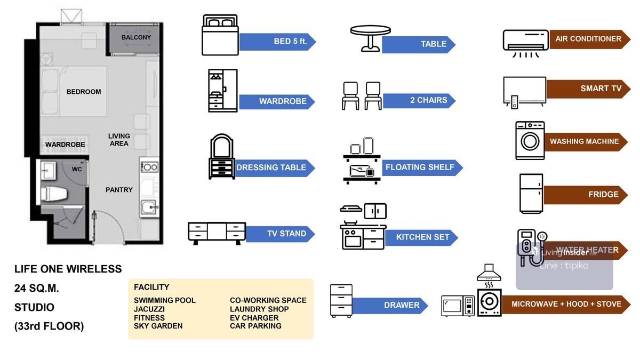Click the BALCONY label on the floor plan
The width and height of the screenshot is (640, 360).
pyautogui.click(x=136, y=37)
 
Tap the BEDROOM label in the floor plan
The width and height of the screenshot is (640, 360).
pyautogui.click(x=84, y=92)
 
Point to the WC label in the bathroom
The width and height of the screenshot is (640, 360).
pyautogui.click(x=77, y=169)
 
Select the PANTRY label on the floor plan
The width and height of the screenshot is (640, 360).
pyautogui.click(x=119, y=190)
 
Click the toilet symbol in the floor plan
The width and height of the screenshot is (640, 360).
pyautogui.click(x=53, y=194)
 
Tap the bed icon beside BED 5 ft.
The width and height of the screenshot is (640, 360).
pyautogui.click(x=219, y=35)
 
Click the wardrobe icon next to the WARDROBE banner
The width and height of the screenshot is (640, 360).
pyautogui.click(x=222, y=90)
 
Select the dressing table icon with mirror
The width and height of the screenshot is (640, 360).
pyautogui.click(x=221, y=156)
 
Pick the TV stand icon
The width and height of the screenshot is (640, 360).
pyautogui.click(x=217, y=233)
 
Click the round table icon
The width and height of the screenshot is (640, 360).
pyautogui.click(x=370, y=38)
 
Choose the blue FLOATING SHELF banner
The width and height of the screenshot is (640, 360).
pyautogui.click(x=421, y=167)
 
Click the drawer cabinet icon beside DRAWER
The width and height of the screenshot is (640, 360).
pyautogui.click(x=341, y=300)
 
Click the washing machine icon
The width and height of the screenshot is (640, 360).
pyautogui.click(x=530, y=140)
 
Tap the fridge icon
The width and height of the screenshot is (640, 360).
pyautogui.click(x=531, y=194)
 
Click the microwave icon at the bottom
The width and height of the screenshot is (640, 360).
pyautogui.click(x=458, y=306)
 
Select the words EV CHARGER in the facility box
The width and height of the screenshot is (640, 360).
pyautogui.click(x=254, y=318)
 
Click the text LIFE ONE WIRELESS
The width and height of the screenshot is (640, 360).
pyautogui.click(x=68, y=269)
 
